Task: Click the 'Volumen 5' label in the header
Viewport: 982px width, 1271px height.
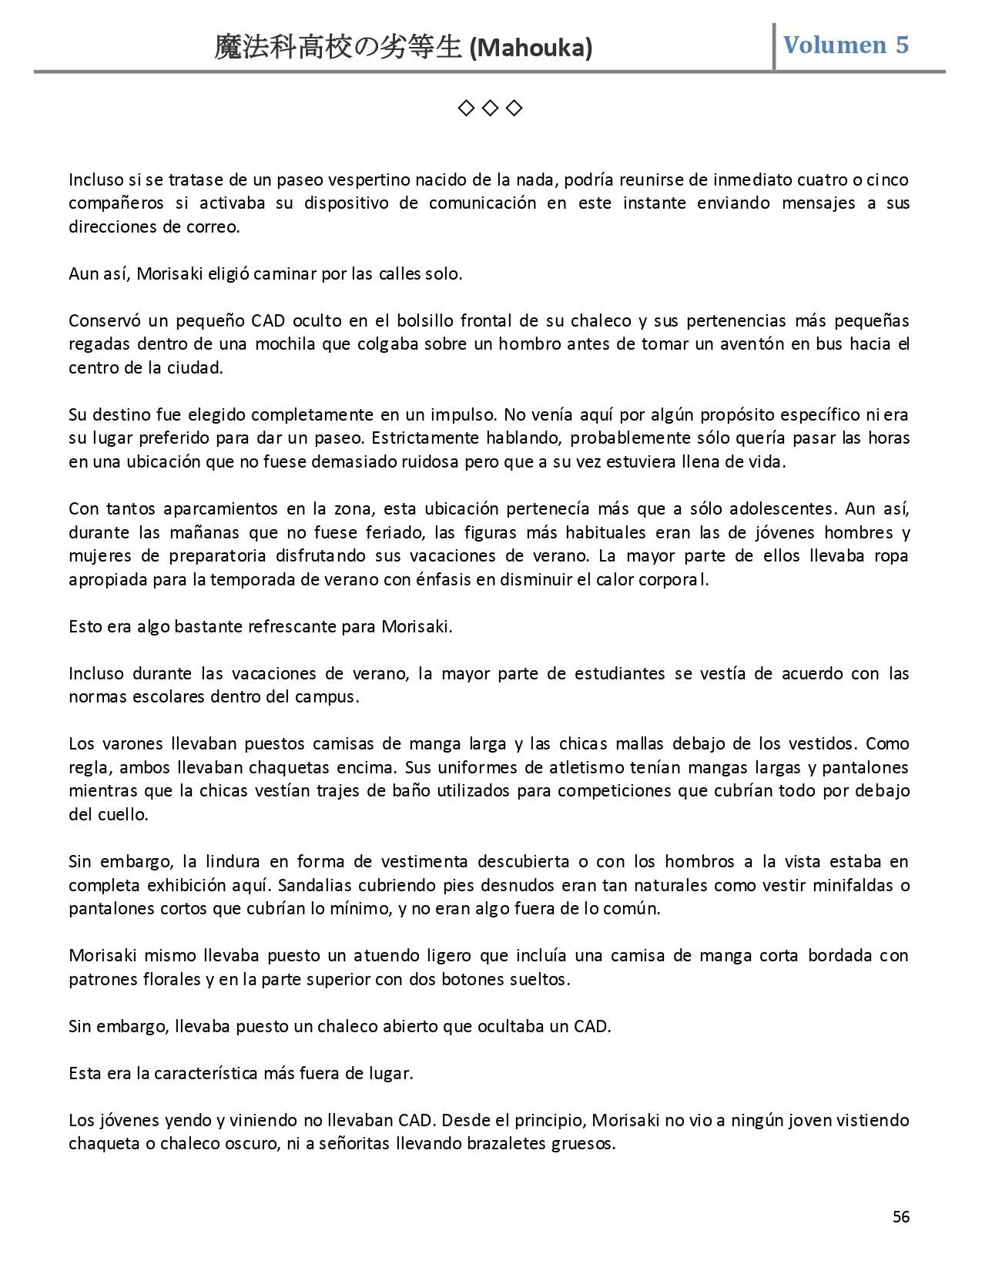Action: [846, 45]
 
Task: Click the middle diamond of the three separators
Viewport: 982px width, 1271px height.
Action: [490, 108]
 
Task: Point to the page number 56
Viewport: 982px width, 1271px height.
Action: [900, 1217]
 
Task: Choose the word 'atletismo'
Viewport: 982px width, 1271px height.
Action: [585, 768]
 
